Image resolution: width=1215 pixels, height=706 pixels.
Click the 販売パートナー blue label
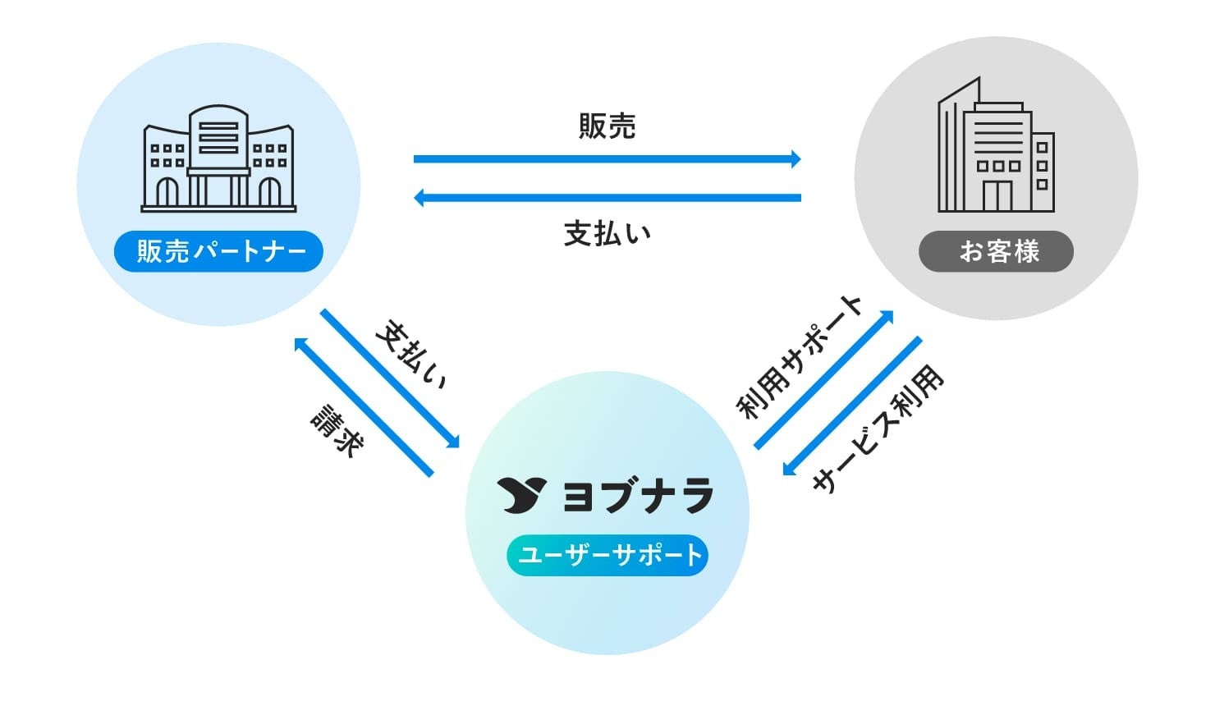point(218,251)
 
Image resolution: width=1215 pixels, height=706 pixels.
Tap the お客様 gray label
point(996,251)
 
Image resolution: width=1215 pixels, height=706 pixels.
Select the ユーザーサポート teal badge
point(607,556)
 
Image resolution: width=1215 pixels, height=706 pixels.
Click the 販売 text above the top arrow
point(607,126)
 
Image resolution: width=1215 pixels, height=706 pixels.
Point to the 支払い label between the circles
point(607,234)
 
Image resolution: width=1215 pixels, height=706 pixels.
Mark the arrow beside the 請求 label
point(363,407)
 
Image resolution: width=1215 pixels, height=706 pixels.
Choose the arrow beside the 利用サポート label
point(823,380)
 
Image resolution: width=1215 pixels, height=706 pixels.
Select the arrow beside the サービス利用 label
point(852,406)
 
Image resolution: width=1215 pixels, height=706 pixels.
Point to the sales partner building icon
point(218,159)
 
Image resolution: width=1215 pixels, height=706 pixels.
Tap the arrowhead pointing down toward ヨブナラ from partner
point(452,441)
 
